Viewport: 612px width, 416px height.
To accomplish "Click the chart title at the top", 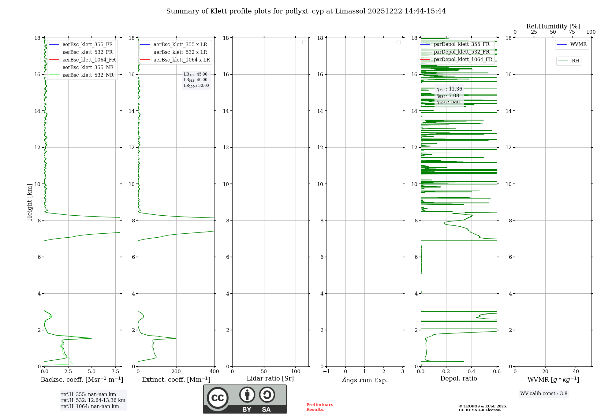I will click(306, 11).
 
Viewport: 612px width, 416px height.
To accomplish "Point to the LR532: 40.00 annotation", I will click(196, 80).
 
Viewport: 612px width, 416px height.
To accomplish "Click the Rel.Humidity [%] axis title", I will click(553, 26).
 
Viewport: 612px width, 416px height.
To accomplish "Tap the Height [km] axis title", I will click(29, 202).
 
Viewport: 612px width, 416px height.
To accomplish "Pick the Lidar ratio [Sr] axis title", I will click(270, 379).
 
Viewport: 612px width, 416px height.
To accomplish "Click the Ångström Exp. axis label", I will click(364, 380).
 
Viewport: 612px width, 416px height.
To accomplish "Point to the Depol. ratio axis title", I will click(458, 379).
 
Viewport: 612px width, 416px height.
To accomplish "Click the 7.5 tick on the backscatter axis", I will click(115, 372).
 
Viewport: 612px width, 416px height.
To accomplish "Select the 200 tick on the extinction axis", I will click(176, 372).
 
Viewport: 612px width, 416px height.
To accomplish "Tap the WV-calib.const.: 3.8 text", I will click(544, 394).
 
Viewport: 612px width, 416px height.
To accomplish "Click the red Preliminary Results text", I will click(319, 407).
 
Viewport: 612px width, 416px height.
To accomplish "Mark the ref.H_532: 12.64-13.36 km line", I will click(93, 400).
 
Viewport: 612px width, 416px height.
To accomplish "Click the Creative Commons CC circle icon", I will click(218, 398).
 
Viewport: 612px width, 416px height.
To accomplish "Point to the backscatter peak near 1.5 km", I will click(91, 338).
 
